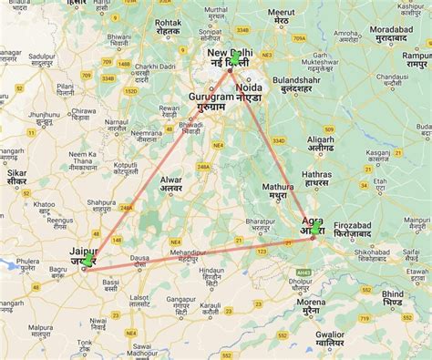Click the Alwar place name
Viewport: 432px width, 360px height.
coord(170,180)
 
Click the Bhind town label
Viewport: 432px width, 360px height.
coord(392,294)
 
